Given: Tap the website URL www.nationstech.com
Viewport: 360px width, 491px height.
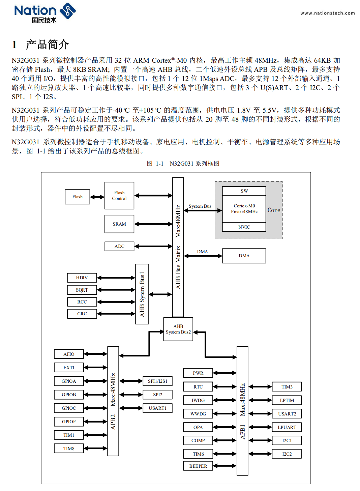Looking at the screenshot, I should click(x=327, y=13).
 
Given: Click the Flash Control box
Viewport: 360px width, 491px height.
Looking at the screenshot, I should click(x=119, y=196).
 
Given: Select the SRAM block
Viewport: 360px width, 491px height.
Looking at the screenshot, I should click(x=119, y=224).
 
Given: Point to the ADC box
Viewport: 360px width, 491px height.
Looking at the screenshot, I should click(x=119, y=246).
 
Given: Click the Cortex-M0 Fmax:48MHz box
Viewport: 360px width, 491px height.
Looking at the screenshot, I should click(x=244, y=209).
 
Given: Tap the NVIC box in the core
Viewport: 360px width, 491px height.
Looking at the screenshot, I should click(x=244, y=227).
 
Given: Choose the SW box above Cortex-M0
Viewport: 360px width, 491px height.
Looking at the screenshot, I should click(x=244, y=191).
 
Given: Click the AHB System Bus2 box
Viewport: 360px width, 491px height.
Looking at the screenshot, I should click(x=178, y=329).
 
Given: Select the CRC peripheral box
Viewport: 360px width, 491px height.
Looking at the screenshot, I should click(x=82, y=314).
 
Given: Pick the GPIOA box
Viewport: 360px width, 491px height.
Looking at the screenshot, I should click(x=69, y=381).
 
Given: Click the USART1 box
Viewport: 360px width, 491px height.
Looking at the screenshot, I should click(x=157, y=408).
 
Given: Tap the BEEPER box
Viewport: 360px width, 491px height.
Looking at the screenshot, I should click(x=198, y=466).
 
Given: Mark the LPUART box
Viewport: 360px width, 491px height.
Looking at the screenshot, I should click(x=287, y=427).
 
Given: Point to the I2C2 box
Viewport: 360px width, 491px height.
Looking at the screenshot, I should click(x=287, y=454).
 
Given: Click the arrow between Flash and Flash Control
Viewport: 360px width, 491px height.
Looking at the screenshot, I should click(x=97, y=197).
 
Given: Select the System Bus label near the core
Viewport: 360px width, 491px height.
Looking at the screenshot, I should click(x=200, y=206).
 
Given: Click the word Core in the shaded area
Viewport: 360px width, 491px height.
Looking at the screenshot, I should click(x=274, y=210).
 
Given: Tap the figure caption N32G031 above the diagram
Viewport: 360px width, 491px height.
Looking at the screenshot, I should click(x=194, y=164).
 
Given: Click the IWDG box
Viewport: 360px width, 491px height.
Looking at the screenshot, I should click(x=198, y=400).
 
